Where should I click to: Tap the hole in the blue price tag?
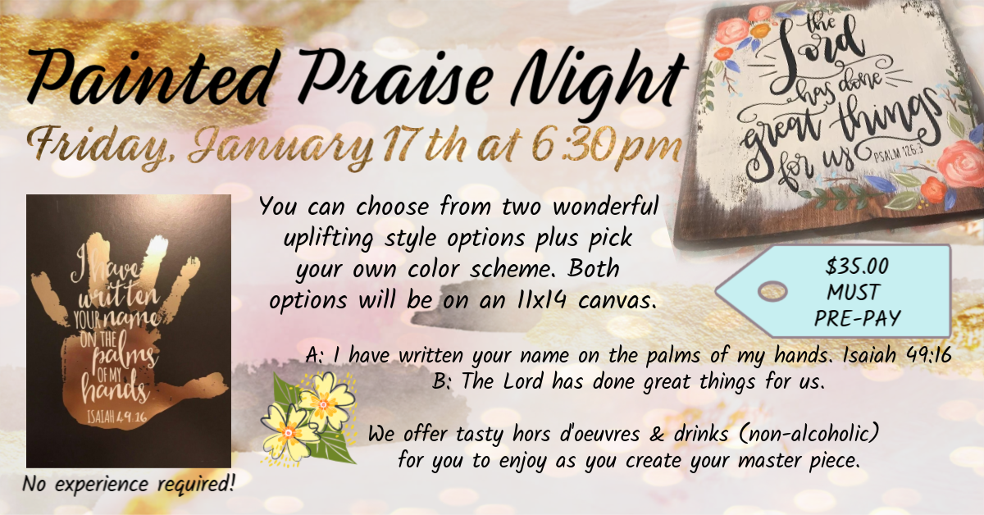(772, 291)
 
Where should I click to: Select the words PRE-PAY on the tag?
(858, 318)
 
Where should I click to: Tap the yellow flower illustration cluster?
(309, 419)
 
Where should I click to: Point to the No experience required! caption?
(128, 484)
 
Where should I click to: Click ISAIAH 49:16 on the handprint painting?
(116, 416)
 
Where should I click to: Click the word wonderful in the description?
(605, 206)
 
